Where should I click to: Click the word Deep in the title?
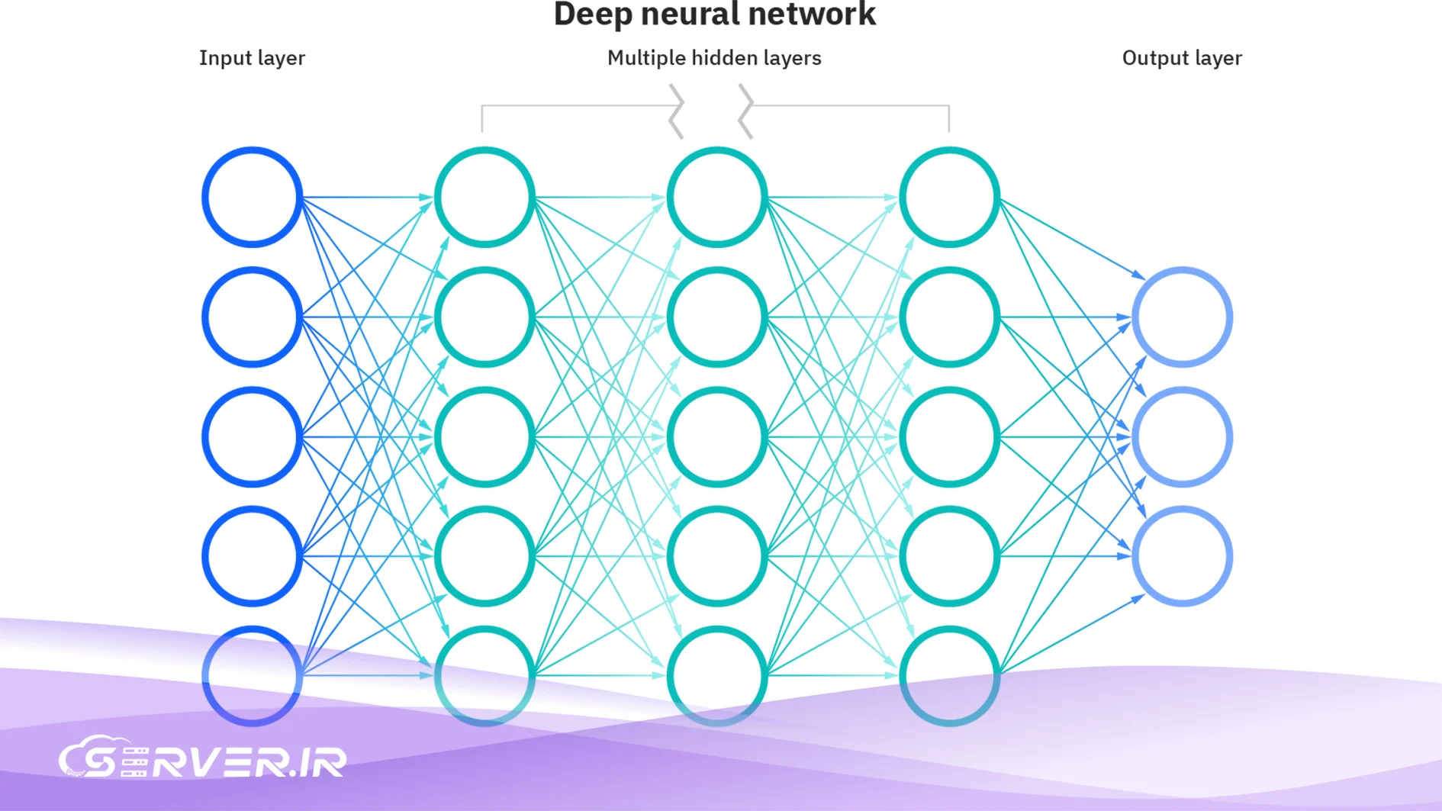592,15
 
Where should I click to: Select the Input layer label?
252,58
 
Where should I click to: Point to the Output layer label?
1181,58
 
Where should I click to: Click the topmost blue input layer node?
252,198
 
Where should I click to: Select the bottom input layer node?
252,675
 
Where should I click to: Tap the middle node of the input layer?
252,436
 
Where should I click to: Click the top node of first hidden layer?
484,198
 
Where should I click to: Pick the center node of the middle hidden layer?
716,436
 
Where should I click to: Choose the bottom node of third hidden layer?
949,675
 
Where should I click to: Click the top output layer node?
1182,317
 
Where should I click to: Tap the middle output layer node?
1182,436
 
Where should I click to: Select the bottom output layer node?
1182,556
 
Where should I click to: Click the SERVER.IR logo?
202,759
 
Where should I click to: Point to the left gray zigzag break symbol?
676,111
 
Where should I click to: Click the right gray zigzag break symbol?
745,111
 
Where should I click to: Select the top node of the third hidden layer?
949,198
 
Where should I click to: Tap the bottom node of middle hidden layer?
716,675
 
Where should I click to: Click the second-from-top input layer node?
252,317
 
